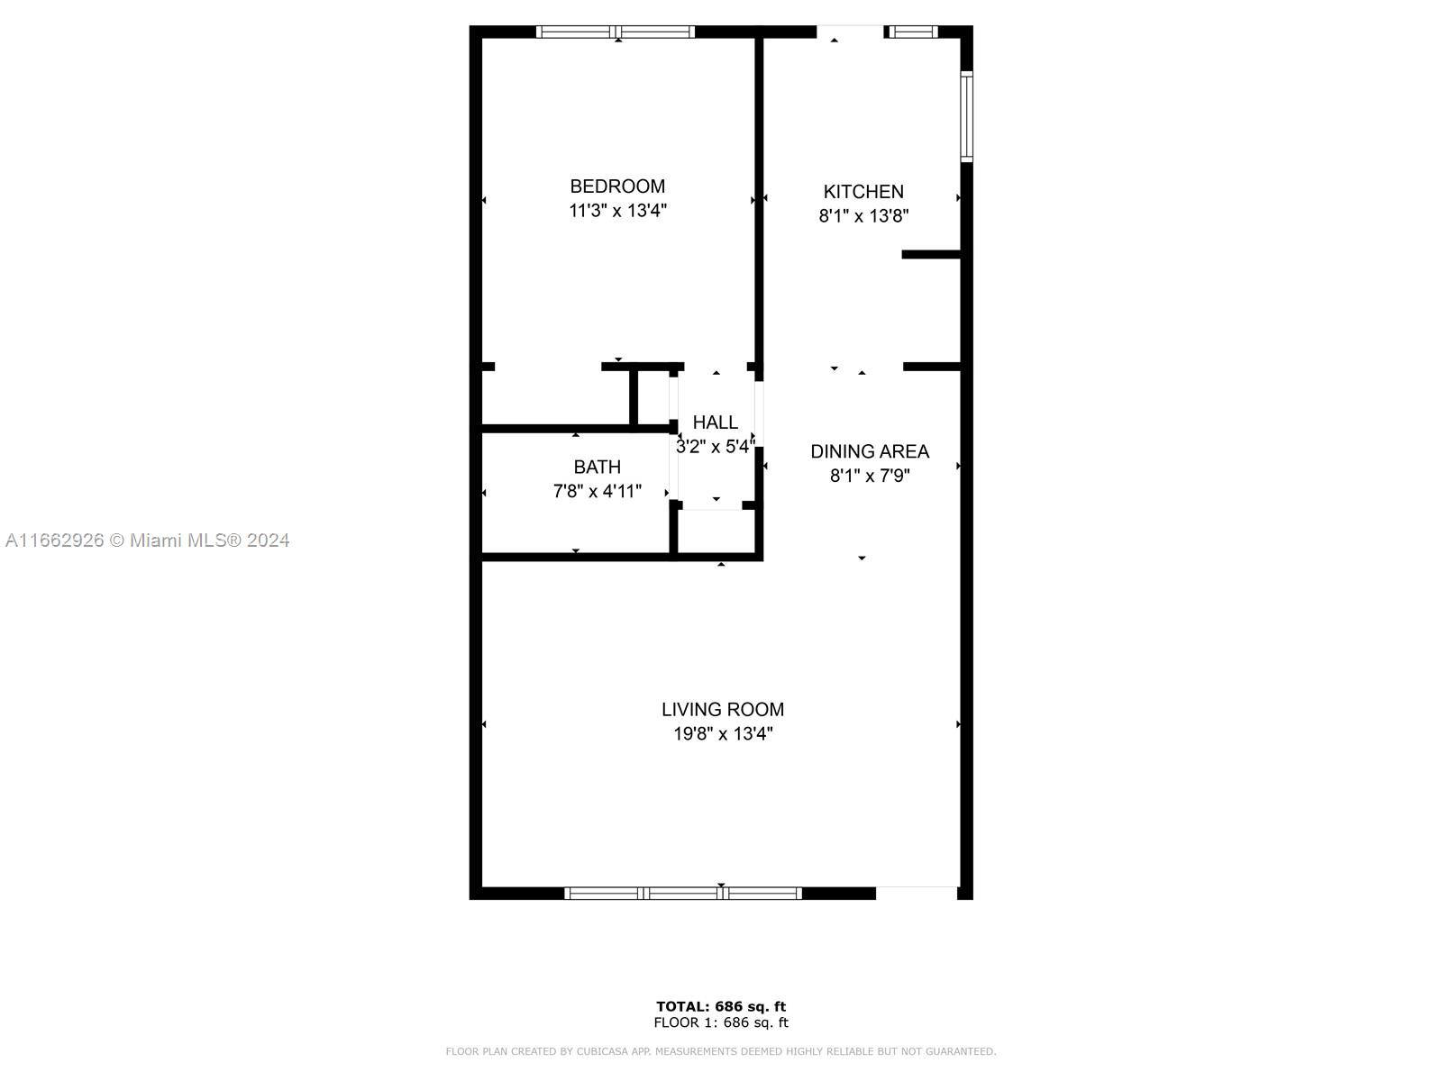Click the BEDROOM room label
coord(616,186)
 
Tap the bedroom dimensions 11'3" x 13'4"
coord(617,211)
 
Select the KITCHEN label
coord(863,192)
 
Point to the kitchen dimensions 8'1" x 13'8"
coord(863,216)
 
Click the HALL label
coord(715,422)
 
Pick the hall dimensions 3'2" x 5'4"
coord(715,447)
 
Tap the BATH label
coord(597,467)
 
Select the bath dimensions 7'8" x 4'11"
coord(597,491)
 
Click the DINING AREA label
coord(869,451)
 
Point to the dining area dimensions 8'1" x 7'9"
coord(869,476)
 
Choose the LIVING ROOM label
coord(722,710)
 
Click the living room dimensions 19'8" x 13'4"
coord(722,734)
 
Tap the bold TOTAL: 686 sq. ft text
coord(721,1006)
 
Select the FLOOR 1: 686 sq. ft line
coord(721,1022)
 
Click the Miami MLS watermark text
coord(147,540)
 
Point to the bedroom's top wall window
coord(616,32)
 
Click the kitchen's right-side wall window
coord(966,116)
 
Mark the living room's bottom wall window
coord(683,894)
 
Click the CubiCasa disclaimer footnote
coord(721,1051)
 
